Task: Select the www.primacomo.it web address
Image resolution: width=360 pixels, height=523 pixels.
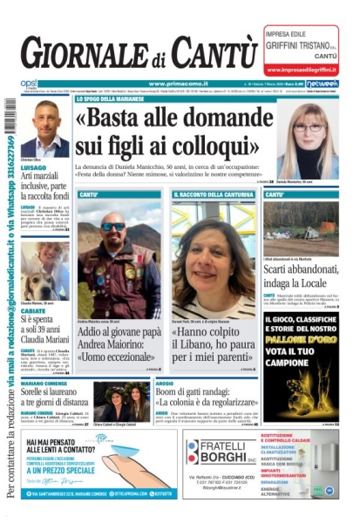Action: pyautogui.click(x=174, y=84)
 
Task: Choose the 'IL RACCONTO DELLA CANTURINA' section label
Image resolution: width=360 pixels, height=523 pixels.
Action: pyautogui.click(x=214, y=194)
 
